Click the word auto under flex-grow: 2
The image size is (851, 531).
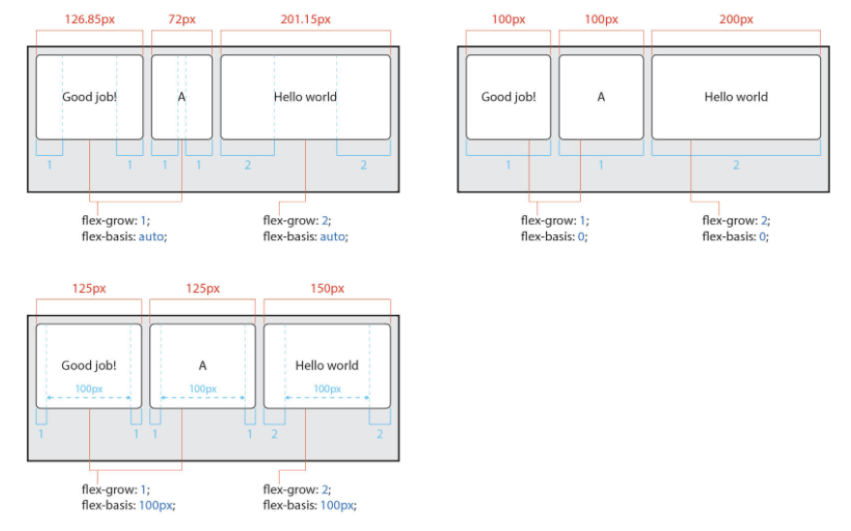(x=330, y=236)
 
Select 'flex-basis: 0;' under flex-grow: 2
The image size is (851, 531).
(x=735, y=236)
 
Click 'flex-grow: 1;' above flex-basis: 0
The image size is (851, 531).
(x=554, y=220)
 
